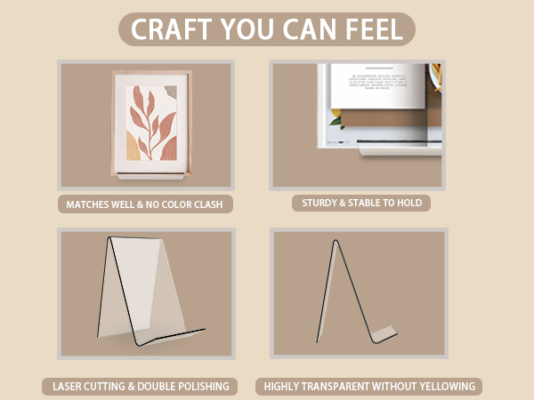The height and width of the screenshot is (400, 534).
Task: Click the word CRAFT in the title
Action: point(171,29)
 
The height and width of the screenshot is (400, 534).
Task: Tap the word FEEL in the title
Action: point(375,29)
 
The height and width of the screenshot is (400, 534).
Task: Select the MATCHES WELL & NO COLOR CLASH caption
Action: point(144,204)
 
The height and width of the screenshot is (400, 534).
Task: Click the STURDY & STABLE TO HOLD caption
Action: point(362,203)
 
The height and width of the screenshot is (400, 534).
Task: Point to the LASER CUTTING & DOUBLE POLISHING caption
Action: point(141,387)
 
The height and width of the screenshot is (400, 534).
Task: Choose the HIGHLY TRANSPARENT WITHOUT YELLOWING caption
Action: point(369,387)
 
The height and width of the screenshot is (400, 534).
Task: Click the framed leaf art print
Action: point(151,123)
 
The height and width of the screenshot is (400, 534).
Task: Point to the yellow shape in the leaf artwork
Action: point(133,147)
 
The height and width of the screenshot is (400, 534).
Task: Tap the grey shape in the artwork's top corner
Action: point(171,92)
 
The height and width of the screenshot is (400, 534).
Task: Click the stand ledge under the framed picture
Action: point(151,176)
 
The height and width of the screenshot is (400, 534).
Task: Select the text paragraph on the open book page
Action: point(377,82)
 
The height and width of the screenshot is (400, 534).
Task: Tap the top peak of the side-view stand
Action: point(336,241)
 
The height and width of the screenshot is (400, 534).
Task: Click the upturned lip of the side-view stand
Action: point(384,334)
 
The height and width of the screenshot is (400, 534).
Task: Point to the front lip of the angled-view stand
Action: point(170,338)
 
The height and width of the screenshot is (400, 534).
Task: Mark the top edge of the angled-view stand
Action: point(135,238)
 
